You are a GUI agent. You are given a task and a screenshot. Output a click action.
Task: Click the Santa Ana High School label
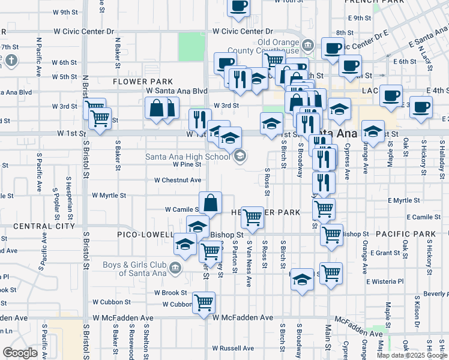pos(187,157)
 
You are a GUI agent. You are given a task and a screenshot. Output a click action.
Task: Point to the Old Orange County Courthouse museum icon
pos(307,45)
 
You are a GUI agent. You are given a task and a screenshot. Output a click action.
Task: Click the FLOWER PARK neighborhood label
pos(143,82)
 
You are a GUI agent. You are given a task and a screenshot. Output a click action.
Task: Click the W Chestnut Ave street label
pos(178,180)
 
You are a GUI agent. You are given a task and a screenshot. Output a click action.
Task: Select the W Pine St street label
pos(187,164)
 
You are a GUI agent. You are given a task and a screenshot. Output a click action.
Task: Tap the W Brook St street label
pos(170,293)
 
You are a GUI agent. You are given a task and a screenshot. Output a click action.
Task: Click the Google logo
pos(20,353)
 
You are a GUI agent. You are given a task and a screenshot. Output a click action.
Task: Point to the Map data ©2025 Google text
pos(412,355)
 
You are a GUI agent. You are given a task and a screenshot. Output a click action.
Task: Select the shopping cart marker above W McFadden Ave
pos(204,302)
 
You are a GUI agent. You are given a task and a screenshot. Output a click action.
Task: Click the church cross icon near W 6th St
pos(11,60)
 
